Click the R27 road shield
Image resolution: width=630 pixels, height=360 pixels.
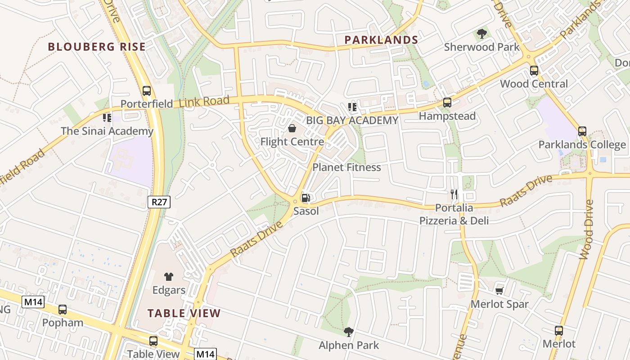[159, 202]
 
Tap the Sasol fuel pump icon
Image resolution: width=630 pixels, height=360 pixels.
[306, 198]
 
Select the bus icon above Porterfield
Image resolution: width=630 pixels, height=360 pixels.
[147, 90]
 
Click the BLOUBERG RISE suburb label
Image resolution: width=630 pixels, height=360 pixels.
[97, 47]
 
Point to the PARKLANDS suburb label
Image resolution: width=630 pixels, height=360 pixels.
[382, 40]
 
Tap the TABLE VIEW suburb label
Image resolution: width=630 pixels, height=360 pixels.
[184, 313]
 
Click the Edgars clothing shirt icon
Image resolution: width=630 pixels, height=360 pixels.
[169, 277]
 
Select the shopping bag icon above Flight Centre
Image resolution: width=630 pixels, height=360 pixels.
[292, 128]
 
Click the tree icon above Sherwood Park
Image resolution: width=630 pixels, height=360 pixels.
[481, 33]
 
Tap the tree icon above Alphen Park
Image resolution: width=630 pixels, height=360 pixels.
[349, 332]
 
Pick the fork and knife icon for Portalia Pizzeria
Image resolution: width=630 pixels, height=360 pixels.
[454, 194]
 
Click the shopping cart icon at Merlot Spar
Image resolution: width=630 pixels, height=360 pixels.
[499, 291]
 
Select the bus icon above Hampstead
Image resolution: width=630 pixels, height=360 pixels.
[447, 103]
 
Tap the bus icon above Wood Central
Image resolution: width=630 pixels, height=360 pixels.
[534, 70]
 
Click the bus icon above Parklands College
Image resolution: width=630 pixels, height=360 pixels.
[582, 131]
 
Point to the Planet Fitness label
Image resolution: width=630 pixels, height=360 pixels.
[346, 167]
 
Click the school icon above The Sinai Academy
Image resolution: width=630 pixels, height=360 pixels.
[107, 118]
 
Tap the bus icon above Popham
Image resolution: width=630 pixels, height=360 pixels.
[63, 310]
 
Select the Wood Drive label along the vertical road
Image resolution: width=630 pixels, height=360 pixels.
[587, 229]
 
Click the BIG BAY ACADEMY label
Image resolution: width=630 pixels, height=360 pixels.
[352, 120]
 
